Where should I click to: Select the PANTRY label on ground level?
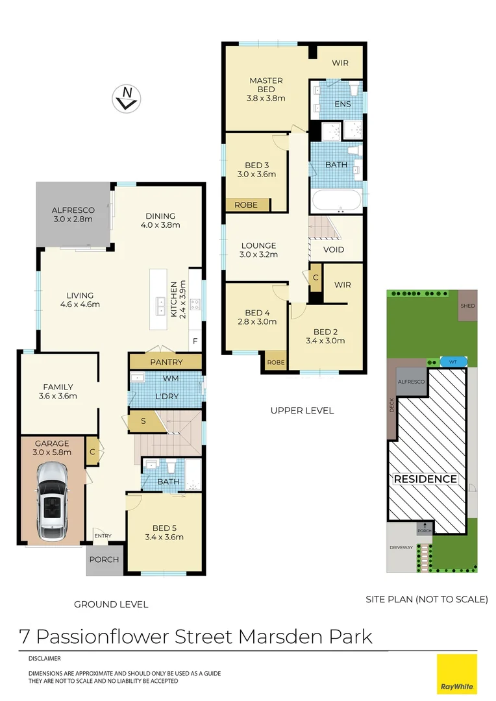click(166, 362)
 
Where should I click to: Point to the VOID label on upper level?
click(334, 250)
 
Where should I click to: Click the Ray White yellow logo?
click(456, 674)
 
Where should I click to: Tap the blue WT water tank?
click(453, 361)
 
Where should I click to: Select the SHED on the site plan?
click(467, 306)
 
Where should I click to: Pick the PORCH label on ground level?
click(104, 560)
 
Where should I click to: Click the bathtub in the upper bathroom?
click(336, 201)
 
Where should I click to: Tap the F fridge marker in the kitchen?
click(195, 341)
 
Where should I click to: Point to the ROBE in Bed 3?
click(247, 205)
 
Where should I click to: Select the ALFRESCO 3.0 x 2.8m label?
click(73, 215)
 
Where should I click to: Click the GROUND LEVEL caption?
click(111, 604)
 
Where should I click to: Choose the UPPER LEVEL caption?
click(302, 410)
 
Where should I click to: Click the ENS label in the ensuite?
click(342, 104)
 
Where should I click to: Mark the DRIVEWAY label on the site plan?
click(401, 547)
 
